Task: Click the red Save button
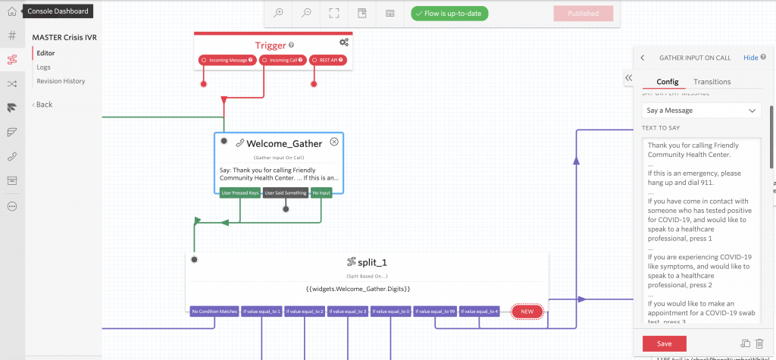[x=664, y=343]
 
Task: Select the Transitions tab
[x=712, y=82]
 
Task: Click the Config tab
[x=667, y=82]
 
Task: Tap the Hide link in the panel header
[x=750, y=58]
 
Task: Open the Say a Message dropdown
[x=700, y=111]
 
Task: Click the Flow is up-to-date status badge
[x=449, y=14]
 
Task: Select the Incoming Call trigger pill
[x=283, y=60]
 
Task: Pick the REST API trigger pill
[x=328, y=60]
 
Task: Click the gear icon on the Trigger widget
[x=344, y=42]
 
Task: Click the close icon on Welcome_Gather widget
[x=334, y=142]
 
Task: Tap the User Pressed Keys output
[x=240, y=193]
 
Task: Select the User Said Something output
[x=286, y=193]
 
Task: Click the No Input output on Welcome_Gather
[x=321, y=193]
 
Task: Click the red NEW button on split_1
[x=527, y=311]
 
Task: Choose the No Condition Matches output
[x=214, y=311]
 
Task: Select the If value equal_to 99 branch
[x=435, y=311]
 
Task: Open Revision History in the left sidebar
[x=61, y=81]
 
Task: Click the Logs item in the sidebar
[x=44, y=67]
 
